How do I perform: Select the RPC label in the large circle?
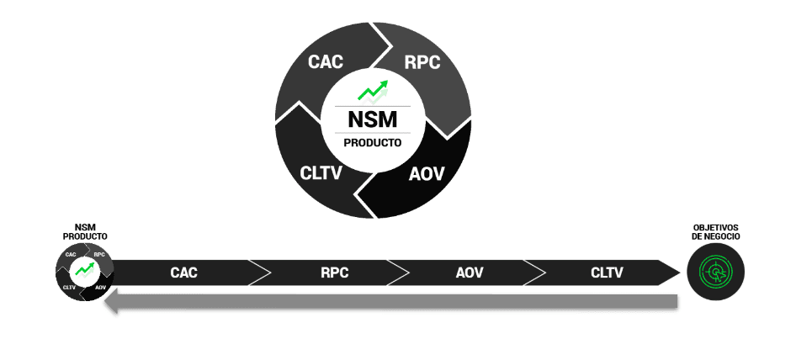[422, 61]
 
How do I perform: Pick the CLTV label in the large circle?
[321, 174]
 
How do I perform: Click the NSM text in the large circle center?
[373, 119]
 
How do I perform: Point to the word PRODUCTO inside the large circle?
[373, 143]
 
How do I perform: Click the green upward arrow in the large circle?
[373, 90]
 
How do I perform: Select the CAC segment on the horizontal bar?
[183, 273]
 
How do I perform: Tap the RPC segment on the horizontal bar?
[334, 273]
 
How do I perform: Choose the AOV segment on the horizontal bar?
[470, 273]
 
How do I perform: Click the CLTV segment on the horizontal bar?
[607, 273]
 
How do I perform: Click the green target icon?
[716, 273]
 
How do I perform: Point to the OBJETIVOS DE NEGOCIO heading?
[716, 232]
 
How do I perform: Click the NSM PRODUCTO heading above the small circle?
[85, 232]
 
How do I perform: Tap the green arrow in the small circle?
[85, 270]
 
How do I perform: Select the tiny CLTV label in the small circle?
[70, 288]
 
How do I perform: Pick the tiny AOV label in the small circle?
[100, 288]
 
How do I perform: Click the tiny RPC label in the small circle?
[99, 254]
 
